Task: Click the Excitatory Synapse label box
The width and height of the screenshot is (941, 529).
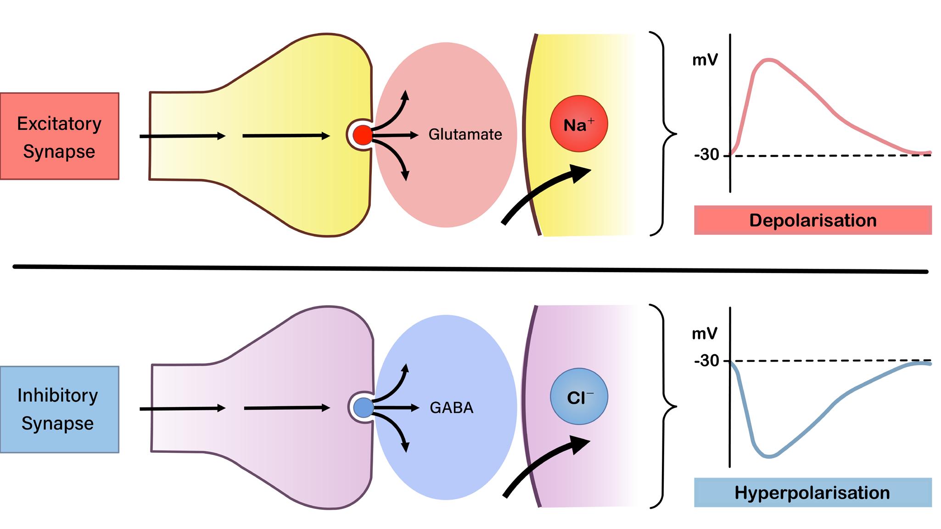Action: pyautogui.click(x=60, y=136)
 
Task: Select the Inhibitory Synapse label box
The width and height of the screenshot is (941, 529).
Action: pyautogui.click(x=60, y=409)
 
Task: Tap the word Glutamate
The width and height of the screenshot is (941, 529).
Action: pyautogui.click(x=465, y=134)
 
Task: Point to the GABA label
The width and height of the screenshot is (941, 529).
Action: pyautogui.click(x=451, y=408)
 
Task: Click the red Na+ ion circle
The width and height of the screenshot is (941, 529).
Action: pyautogui.click(x=579, y=124)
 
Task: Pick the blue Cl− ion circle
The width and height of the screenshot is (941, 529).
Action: pyautogui.click(x=579, y=396)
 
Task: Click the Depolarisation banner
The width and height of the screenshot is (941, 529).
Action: pyautogui.click(x=812, y=220)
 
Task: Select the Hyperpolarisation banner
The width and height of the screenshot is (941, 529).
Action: pyautogui.click(x=812, y=493)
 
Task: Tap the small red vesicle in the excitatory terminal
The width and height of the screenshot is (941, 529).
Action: pyautogui.click(x=363, y=135)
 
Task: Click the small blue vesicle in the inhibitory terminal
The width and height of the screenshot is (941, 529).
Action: pyautogui.click(x=364, y=408)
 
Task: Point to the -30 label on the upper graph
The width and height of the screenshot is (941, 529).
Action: pyautogui.click(x=707, y=155)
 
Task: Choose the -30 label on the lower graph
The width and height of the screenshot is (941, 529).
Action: pyautogui.click(x=707, y=361)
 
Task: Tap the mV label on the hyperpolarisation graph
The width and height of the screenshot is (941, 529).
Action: pyautogui.click(x=705, y=334)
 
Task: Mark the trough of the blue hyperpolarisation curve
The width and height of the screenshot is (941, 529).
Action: pyautogui.click(x=769, y=457)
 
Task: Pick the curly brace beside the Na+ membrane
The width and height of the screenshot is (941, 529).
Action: pyautogui.click(x=666, y=134)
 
